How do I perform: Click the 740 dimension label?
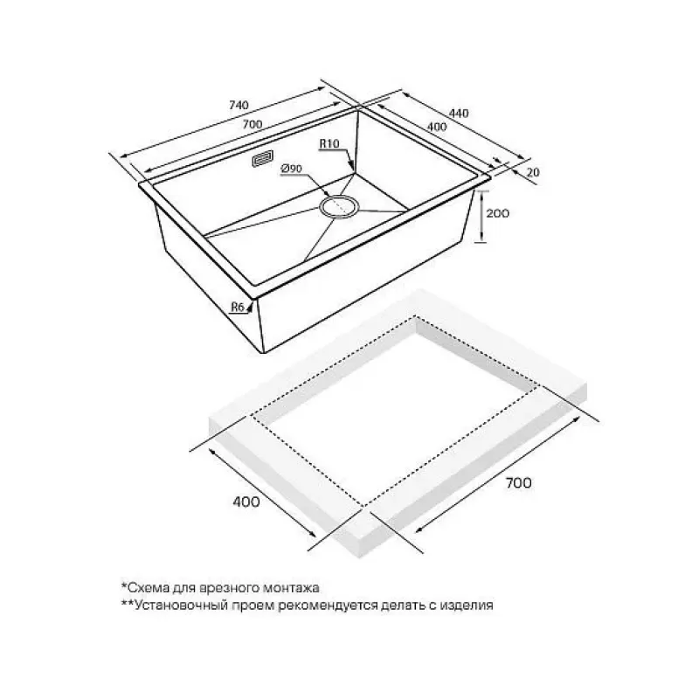pyautogui.click(x=238, y=106)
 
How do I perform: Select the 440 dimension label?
pyautogui.click(x=459, y=114)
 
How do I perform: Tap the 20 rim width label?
pyautogui.click(x=533, y=171)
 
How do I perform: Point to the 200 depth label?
pyautogui.click(x=497, y=213)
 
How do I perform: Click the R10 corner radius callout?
pyautogui.click(x=329, y=143)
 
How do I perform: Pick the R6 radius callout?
pyautogui.click(x=237, y=307)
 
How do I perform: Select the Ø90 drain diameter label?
pyautogui.click(x=292, y=169)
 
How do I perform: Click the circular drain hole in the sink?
pyautogui.click(x=339, y=206)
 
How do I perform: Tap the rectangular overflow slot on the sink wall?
pyautogui.click(x=263, y=159)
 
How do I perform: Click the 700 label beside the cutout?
pyautogui.click(x=518, y=483)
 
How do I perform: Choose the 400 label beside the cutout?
pyautogui.click(x=246, y=502)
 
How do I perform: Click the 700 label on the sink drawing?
pyautogui.click(x=253, y=124)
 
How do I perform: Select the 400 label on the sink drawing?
pyautogui.click(x=437, y=127)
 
